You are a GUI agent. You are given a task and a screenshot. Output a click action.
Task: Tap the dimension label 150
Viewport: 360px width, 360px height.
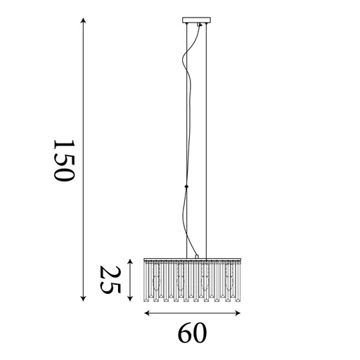pyautogui.click(x=63, y=160)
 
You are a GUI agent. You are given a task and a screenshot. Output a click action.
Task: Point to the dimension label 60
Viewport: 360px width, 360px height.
pyautogui.click(x=191, y=333)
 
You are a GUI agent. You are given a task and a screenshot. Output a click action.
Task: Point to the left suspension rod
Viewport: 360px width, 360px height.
pyautogui.click(x=187, y=141)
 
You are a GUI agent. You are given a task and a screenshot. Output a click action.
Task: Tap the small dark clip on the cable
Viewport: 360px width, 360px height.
pyautogui.click(x=187, y=186)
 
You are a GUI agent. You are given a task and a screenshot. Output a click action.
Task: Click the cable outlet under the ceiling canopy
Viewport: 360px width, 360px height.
pyautogui.click(x=198, y=26)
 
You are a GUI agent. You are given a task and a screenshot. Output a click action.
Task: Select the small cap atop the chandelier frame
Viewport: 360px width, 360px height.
pyautogui.click(x=197, y=255)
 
